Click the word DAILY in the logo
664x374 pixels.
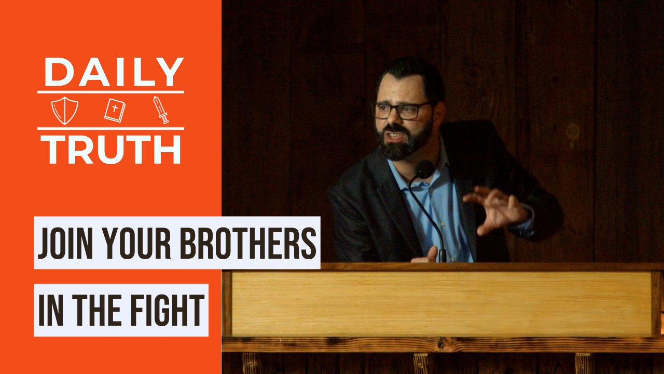click(114, 72)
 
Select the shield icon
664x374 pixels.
click(65, 110)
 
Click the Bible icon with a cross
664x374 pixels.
click(115, 110)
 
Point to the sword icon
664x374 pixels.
click(161, 110)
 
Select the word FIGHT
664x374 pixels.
click(168, 311)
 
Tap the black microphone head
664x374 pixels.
click(424, 169)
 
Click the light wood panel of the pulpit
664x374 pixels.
click(441, 304)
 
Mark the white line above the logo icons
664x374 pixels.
click(110, 92)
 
